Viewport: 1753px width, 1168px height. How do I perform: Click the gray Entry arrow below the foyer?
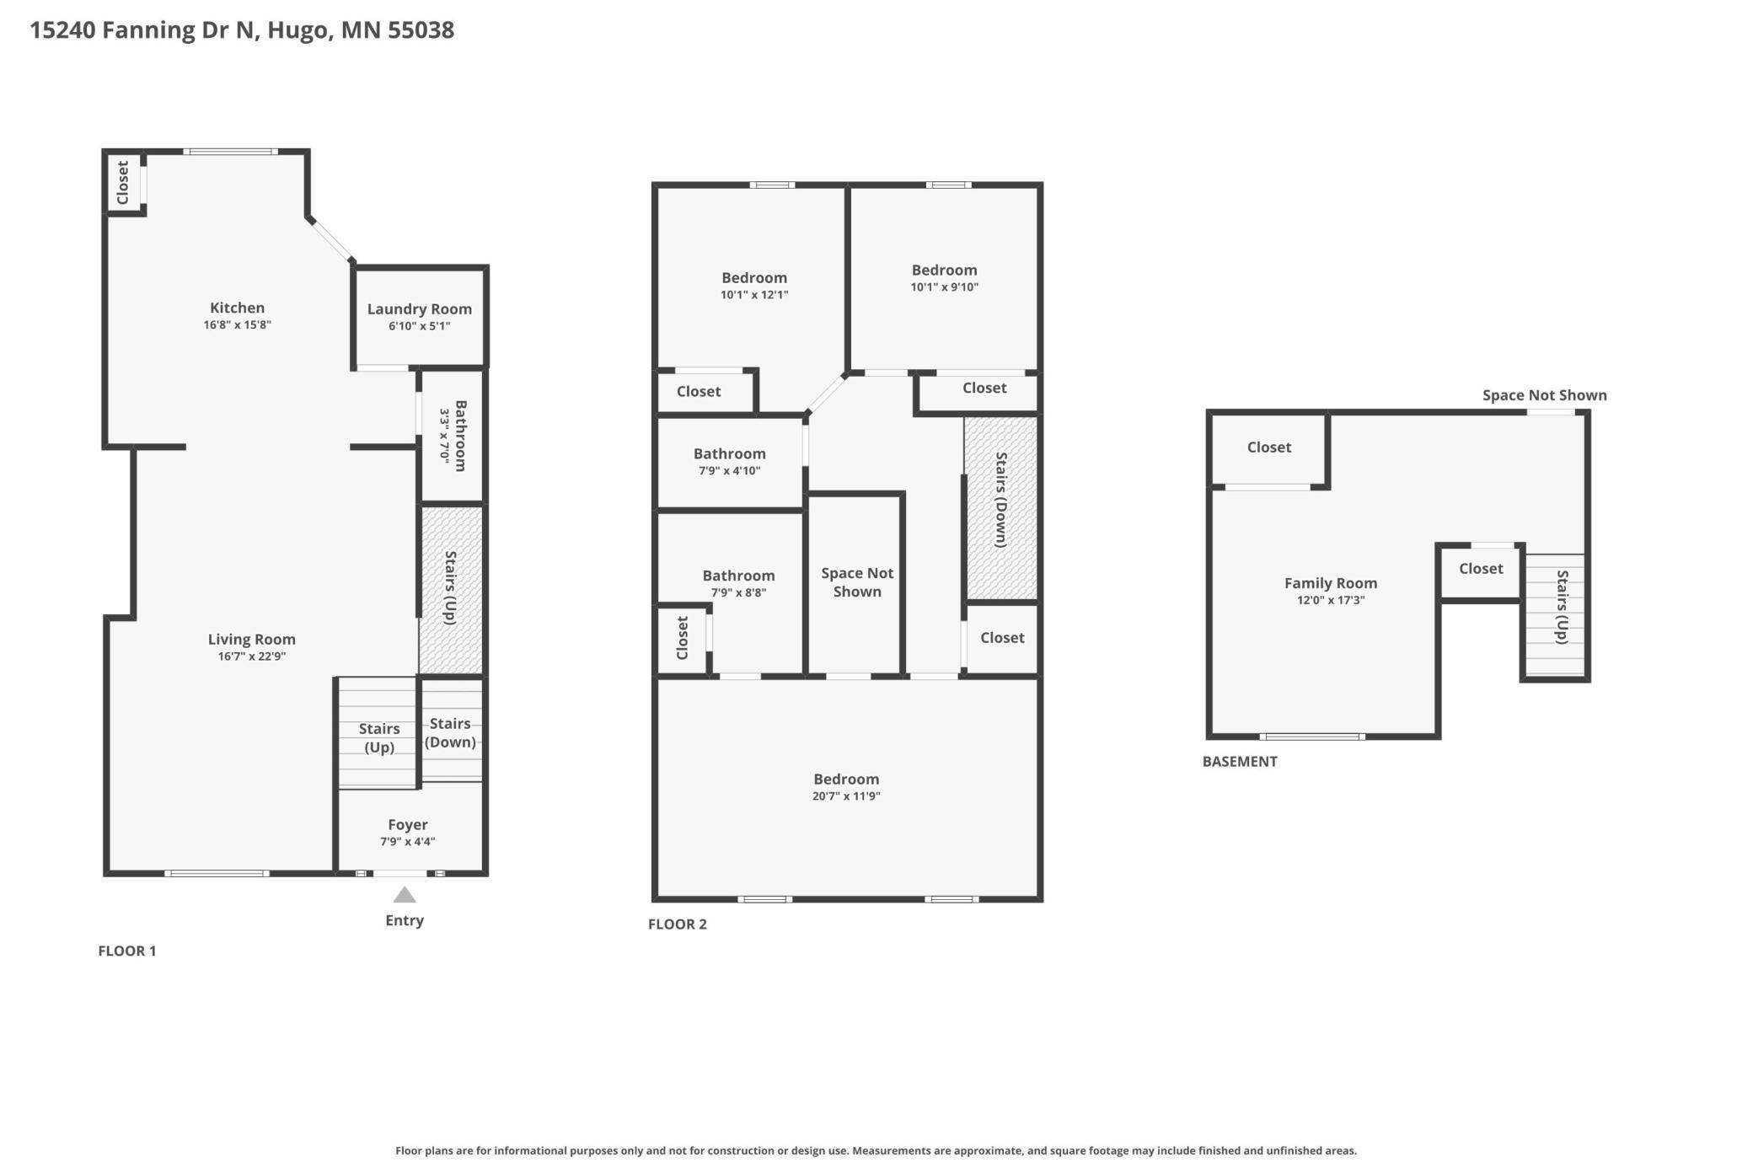[405, 895]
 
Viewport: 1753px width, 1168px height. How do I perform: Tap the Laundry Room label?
[420, 309]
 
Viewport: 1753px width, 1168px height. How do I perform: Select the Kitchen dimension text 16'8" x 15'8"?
[237, 324]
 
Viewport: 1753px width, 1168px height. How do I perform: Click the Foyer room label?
[408, 824]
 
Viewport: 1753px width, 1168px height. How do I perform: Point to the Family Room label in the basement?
[1331, 583]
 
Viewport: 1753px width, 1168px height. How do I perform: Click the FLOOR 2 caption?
[678, 924]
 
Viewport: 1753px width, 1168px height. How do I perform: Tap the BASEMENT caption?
[1240, 762]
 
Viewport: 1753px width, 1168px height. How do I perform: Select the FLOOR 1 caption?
[127, 951]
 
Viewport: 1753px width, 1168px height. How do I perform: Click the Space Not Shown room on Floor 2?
[855, 584]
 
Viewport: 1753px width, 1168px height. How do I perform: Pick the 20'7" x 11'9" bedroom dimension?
[846, 796]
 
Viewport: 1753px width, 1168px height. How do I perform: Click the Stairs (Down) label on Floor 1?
[450, 732]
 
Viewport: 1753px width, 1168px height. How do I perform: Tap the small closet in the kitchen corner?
[124, 182]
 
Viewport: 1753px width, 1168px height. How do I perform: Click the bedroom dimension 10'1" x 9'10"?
[945, 287]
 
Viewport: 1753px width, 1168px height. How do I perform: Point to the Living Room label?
[251, 640]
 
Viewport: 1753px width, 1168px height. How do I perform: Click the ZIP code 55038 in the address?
[421, 30]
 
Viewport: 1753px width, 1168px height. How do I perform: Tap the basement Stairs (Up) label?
[1563, 607]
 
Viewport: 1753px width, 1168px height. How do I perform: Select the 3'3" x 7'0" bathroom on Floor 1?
[453, 436]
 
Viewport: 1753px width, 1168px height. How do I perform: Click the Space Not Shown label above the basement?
[1545, 395]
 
